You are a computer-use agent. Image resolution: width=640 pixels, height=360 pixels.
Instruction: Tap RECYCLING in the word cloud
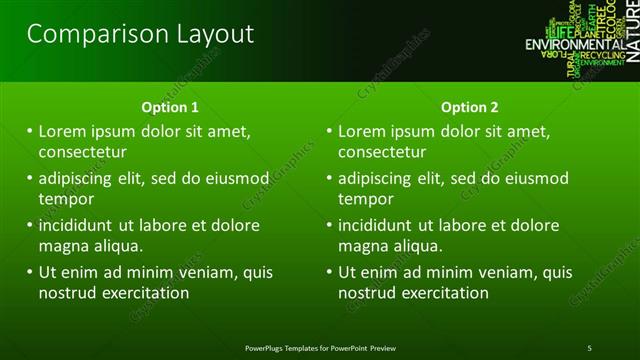pyautogui.click(x=603, y=56)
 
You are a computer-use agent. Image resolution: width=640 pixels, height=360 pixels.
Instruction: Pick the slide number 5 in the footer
pyautogui.click(x=590, y=347)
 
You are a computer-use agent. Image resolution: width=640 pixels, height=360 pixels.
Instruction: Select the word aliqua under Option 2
pyautogui.click(x=421, y=246)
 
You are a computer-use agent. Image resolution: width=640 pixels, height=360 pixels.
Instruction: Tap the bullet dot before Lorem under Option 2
pyautogui.click(x=328, y=131)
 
